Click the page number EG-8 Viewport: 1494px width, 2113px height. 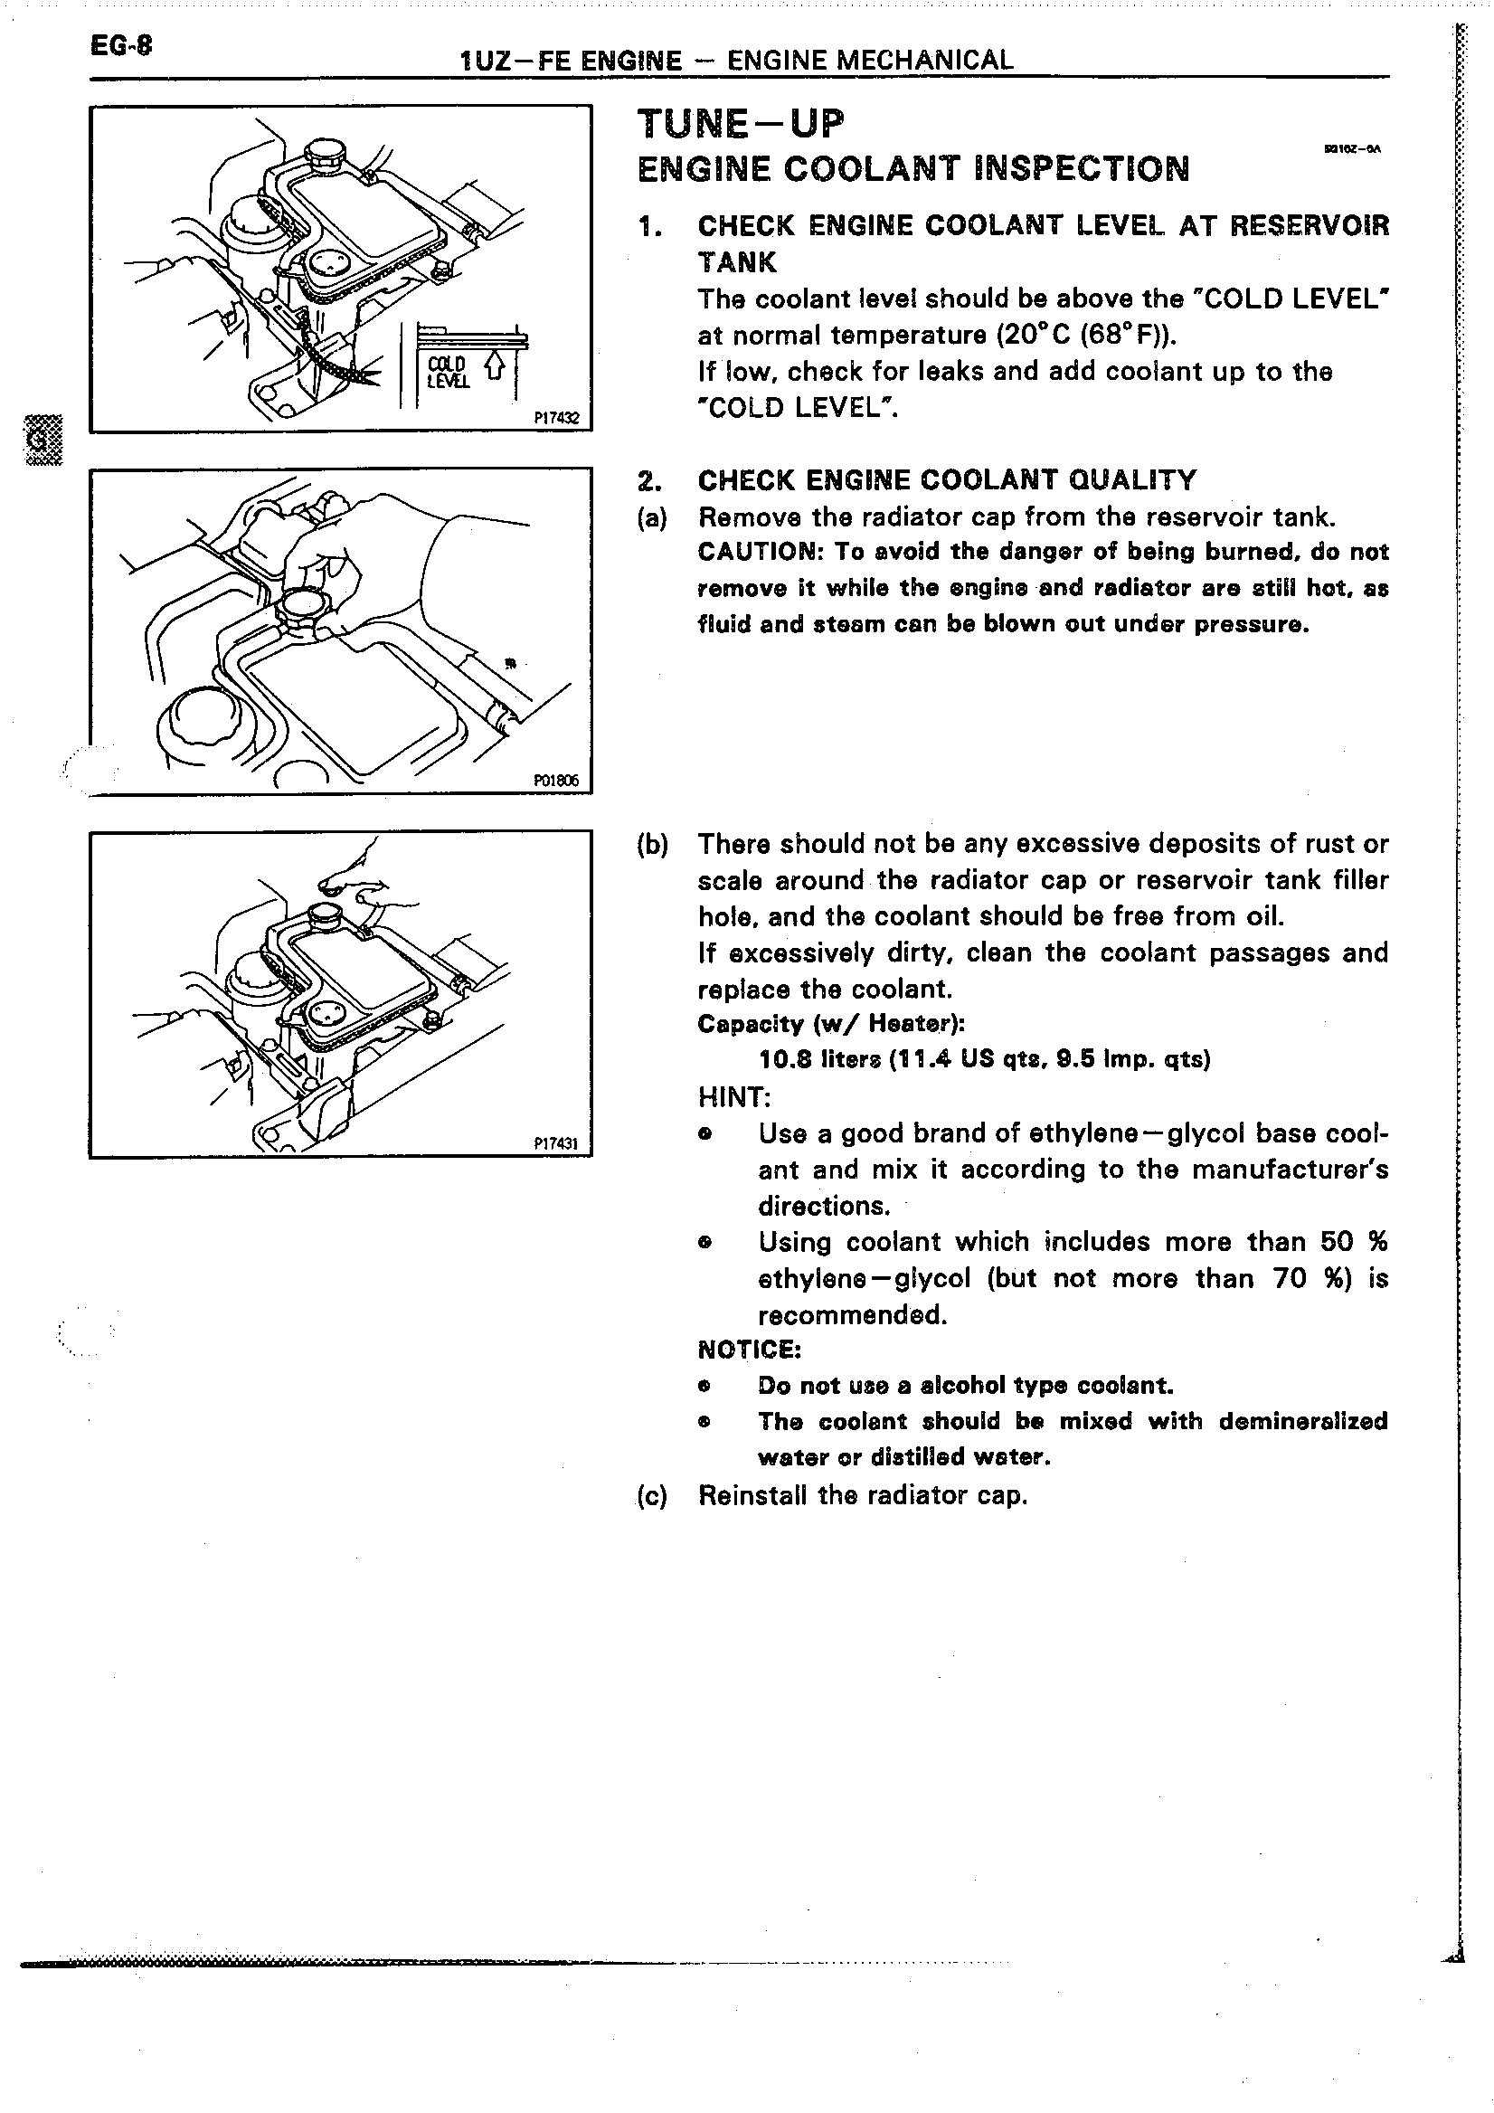tap(120, 45)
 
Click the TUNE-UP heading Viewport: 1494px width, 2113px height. tap(740, 123)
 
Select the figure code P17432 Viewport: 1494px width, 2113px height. tap(556, 417)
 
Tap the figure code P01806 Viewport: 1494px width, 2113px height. tap(555, 780)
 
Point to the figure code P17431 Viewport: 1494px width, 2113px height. tap(555, 1143)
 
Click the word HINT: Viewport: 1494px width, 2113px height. tap(734, 1097)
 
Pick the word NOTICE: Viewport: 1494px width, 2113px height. tap(749, 1350)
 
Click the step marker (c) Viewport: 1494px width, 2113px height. tap(651, 1495)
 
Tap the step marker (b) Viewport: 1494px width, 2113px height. tap(651, 844)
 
